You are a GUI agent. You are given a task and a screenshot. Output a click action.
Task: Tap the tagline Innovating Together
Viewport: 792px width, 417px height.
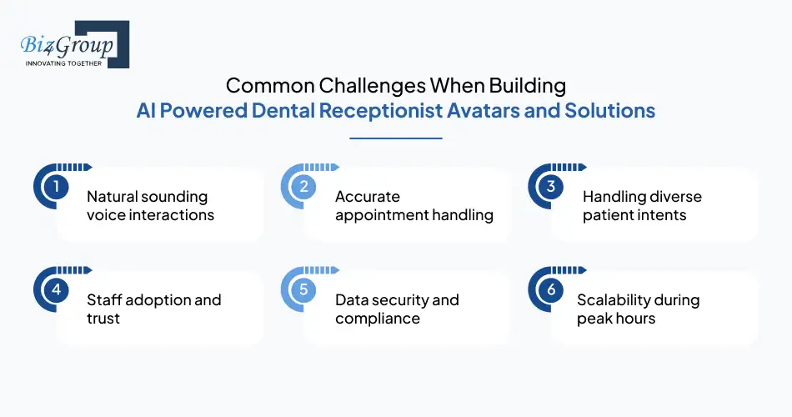coord(63,63)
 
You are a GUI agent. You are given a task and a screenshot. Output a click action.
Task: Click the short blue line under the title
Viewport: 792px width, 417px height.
coord(396,138)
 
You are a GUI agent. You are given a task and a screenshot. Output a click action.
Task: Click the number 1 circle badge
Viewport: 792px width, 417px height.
coord(56,188)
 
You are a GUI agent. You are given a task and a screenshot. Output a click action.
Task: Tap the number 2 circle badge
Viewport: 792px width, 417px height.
coord(303,188)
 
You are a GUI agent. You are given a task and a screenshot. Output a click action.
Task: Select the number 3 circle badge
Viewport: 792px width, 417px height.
coord(551,188)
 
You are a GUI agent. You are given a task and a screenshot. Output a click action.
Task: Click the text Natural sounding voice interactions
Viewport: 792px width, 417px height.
coord(150,206)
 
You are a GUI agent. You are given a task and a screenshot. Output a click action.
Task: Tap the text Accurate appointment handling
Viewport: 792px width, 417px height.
coord(414,206)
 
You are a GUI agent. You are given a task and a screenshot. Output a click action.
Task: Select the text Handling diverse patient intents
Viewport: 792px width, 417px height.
coord(642,206)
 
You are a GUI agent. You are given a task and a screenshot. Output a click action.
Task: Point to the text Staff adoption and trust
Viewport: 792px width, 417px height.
coord(153,309)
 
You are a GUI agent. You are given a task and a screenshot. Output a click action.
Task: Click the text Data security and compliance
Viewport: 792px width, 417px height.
coord(397,309)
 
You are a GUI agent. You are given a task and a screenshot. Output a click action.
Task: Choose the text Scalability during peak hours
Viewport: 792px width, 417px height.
coord(638,309)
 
